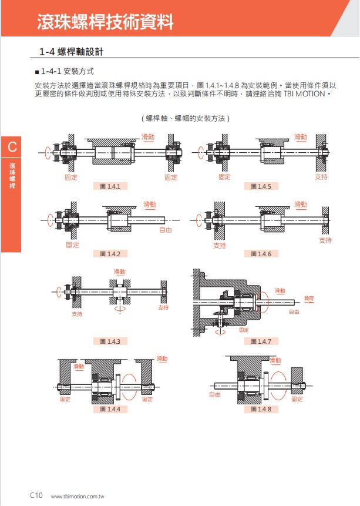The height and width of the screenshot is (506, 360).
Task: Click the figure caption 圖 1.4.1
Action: pos(110,186)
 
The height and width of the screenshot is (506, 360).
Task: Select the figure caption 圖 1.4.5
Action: pos(261,186)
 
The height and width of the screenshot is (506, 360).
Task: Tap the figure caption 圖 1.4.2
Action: pos(110,254)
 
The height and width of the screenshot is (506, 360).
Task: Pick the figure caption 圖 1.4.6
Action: pos(261,254)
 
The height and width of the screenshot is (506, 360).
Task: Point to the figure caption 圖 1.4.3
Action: pos(110,341)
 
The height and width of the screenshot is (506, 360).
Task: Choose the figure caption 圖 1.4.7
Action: pos(261,341)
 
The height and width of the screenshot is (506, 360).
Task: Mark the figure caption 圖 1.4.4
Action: pos(110,409)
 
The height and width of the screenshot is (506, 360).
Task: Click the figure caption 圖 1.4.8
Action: pos(261,409)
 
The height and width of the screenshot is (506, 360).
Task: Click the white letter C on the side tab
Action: pos(12,147)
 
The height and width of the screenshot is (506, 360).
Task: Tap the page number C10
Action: pos(36,495)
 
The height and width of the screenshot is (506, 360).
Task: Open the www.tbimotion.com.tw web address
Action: pos(78,497)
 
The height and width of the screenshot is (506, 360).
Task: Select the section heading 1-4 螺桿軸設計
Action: pos(71,52)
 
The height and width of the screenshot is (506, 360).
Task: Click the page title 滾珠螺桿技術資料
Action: pos(105,22)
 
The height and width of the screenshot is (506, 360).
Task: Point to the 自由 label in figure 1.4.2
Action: pos(166,230)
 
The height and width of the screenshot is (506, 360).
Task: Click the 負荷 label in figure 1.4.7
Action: pos(309,298)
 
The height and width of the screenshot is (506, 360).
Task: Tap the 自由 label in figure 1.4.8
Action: pos(215,394)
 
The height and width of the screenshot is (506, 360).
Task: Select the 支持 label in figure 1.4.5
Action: pos(321,176)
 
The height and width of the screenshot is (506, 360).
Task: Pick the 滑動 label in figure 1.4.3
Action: pos(119,272)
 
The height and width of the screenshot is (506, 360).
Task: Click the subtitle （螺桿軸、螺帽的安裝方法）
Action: pos(186,119)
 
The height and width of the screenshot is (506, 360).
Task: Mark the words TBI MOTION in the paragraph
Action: pos(304,94)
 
